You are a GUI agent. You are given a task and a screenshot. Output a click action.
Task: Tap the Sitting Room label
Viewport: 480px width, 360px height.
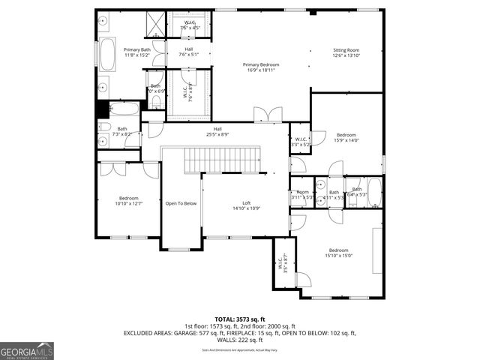346,52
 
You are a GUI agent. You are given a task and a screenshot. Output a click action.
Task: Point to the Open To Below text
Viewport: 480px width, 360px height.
181,203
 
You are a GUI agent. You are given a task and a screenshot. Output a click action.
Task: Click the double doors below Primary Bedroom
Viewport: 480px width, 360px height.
268,115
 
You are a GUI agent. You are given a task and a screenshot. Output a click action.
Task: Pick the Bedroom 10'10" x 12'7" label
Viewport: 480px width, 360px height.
128,200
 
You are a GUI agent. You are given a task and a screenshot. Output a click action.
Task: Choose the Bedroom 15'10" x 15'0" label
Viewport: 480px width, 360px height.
338,253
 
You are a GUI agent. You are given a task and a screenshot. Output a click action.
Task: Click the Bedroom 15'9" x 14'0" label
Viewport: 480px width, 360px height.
346,137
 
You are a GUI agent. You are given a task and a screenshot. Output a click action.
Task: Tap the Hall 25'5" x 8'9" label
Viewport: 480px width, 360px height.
217,132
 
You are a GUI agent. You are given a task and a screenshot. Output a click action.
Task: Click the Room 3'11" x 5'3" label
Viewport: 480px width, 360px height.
302,194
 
